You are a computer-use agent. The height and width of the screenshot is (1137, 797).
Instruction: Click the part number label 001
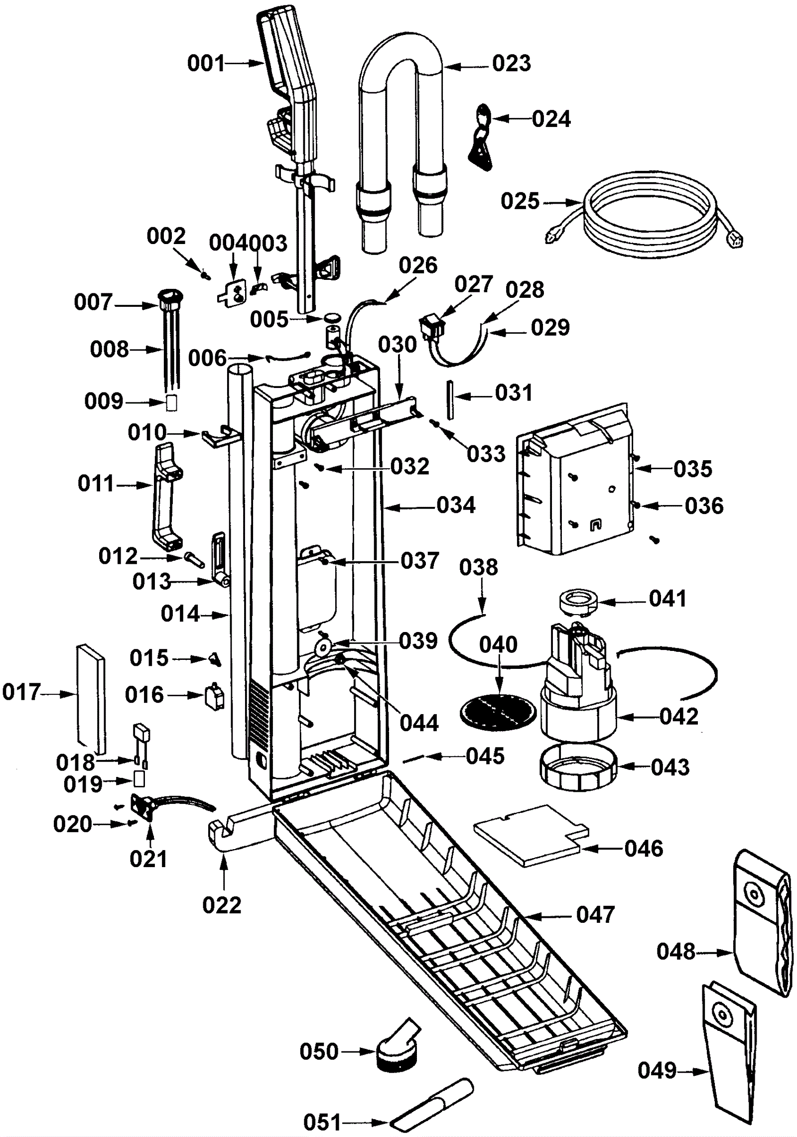click(206, 64)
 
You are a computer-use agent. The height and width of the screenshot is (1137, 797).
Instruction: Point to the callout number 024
click(551, 120)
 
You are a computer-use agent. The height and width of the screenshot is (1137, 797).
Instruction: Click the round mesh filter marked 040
click(499, 712)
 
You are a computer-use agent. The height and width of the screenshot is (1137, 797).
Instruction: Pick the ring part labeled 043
click(578, 767)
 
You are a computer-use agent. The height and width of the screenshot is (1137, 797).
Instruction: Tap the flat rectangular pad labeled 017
click(91, 697)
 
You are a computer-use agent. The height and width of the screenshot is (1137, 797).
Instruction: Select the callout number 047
click(595, 915)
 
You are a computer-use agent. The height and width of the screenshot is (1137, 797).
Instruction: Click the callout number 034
click(456, 505)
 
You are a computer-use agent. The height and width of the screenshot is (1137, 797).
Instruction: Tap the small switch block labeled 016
click(214, 696)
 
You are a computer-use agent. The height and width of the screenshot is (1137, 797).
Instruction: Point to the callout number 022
click(222, 905)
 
